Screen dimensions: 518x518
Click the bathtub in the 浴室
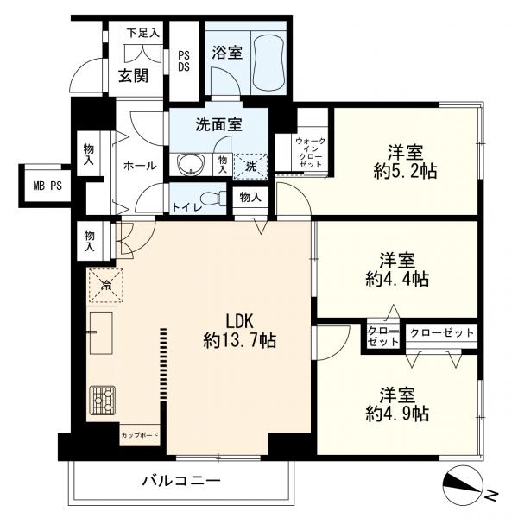pyautogui.click(x=268, y=61)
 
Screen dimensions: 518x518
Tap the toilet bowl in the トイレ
pyautogui.click(x=214, y=199)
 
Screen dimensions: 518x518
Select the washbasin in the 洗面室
pyautogui.click(x=191, y=163)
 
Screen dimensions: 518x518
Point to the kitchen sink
pyautogui.click(x=101, y=332)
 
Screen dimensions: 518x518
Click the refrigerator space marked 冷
pyautogui.click(x=106, y=286)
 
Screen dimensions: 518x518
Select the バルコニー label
pyautogui.click(x=181, y=480)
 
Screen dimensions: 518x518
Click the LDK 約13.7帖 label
pyautogui.click(x=239, y=331)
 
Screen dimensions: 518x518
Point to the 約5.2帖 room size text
pyautogui.click(x=406, y=172)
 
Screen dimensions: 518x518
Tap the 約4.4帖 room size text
pyautogui.click(x=397, y=279)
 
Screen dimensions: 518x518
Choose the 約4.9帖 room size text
pyautogui.click(x=397, y=413)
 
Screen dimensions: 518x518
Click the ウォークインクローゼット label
pyautogui.click(x=310, y=153)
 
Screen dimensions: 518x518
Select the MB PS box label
pyautogui.click(x=47, y=186)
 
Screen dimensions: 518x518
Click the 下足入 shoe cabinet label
pyautogui.click(x=143, y=33)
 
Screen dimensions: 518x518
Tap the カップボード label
pyautogui.click(x=140, y=435)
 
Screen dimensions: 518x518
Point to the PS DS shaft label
pyautogui.click(x=184, y=61)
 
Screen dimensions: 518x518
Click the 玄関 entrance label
pyautogui.click(x=133, y=77)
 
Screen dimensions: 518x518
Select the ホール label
pyautogui.click(x=140, y=166)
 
